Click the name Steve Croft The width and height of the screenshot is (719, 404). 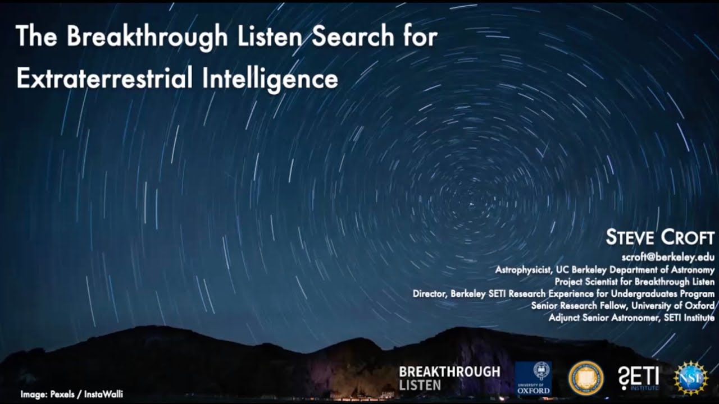click(x=659, y=237)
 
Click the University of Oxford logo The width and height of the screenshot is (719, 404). click(x=533, y=378)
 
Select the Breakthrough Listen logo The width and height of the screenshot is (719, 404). click(x=449, y=378)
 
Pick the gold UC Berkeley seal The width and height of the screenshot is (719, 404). click(x=586, y=378)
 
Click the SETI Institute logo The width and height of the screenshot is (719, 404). click(x=638, y=378)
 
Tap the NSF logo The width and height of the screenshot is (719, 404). click(x=691, y=378)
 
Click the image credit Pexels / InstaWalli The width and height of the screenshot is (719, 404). click(x=71, y=394)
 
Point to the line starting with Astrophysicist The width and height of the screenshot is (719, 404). click(x=604, y=270)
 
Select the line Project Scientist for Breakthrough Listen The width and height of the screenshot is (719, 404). click(x=634, y=282)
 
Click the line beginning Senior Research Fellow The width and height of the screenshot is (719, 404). click(x=622, y=306)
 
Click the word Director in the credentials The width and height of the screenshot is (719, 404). click(x=430, y=294)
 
